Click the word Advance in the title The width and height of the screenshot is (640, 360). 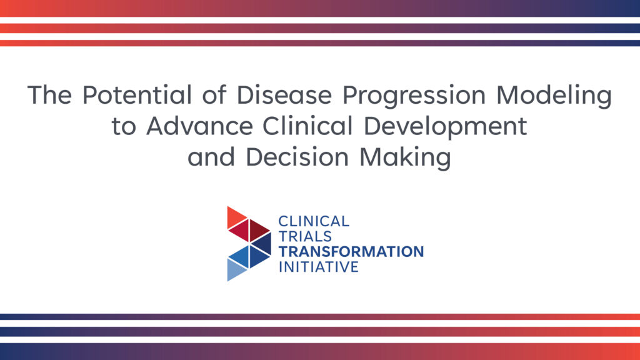pos(199,126)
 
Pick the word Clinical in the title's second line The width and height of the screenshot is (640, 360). pos(307,126)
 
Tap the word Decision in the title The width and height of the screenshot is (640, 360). pos(297,157)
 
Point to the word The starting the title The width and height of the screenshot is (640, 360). pos(50,95)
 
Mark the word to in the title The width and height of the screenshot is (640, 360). pos(124,126)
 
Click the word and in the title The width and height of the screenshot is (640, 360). pos(211,157)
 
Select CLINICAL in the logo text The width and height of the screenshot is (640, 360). pos(314,221)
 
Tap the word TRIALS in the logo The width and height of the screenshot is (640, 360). pos(305,236)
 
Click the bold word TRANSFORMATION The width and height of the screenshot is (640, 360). pos(351,251)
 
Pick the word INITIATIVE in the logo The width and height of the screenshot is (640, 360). pos(318,266)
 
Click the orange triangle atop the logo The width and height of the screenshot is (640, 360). pos(235,217)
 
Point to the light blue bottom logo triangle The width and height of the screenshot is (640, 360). pos(235,270)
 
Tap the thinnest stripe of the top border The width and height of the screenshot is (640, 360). pos(320,43)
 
